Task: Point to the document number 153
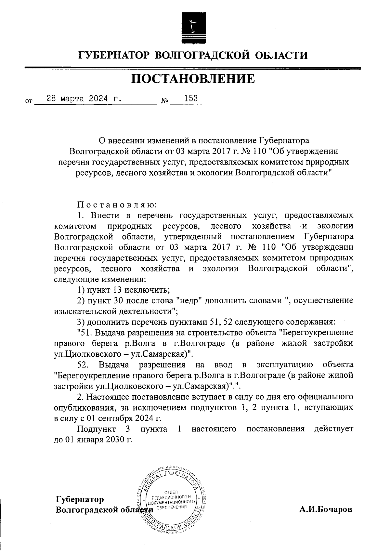[x=191, y=98]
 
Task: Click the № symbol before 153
[x=165, y=101]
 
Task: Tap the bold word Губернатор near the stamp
[x=80, y=499]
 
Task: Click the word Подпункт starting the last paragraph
[x=96, y=429]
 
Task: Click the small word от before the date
[x=29, y=101]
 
